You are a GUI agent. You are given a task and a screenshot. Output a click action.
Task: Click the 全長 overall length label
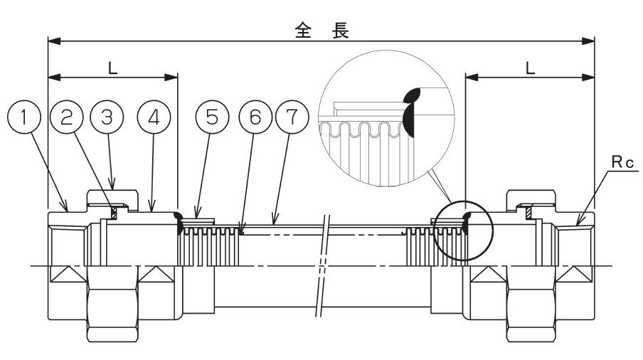pos(321,29)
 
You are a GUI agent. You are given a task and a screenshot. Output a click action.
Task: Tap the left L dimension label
pos(112,68)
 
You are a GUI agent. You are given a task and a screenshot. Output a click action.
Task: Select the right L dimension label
pos(529,68)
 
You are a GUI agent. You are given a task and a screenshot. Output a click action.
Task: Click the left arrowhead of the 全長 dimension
pos(51,41)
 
